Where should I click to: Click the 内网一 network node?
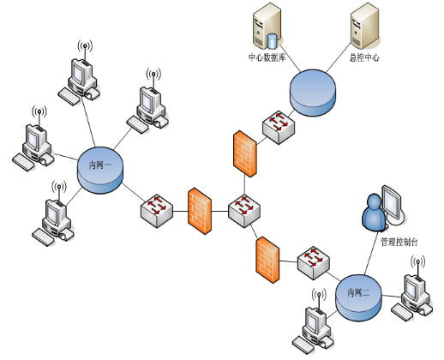point(100,171)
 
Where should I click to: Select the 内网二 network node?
point(358,298)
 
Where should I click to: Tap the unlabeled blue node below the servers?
point(313,93)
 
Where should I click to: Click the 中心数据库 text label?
point(267,57)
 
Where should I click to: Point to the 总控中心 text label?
point(364,57)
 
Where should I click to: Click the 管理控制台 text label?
point(399,242)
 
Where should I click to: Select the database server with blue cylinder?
point(267,27)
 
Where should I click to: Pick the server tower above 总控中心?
point(365,26)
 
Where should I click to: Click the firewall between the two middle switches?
point(200,211)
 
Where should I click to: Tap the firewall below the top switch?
point(245,153)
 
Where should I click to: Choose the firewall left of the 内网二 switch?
point(267,260)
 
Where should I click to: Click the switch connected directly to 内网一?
point(157,211)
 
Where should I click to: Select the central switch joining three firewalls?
point(244,211)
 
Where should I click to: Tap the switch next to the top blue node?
point(279,128)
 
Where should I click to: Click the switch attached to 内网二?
point(314,263)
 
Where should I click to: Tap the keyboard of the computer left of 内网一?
point(23,162)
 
